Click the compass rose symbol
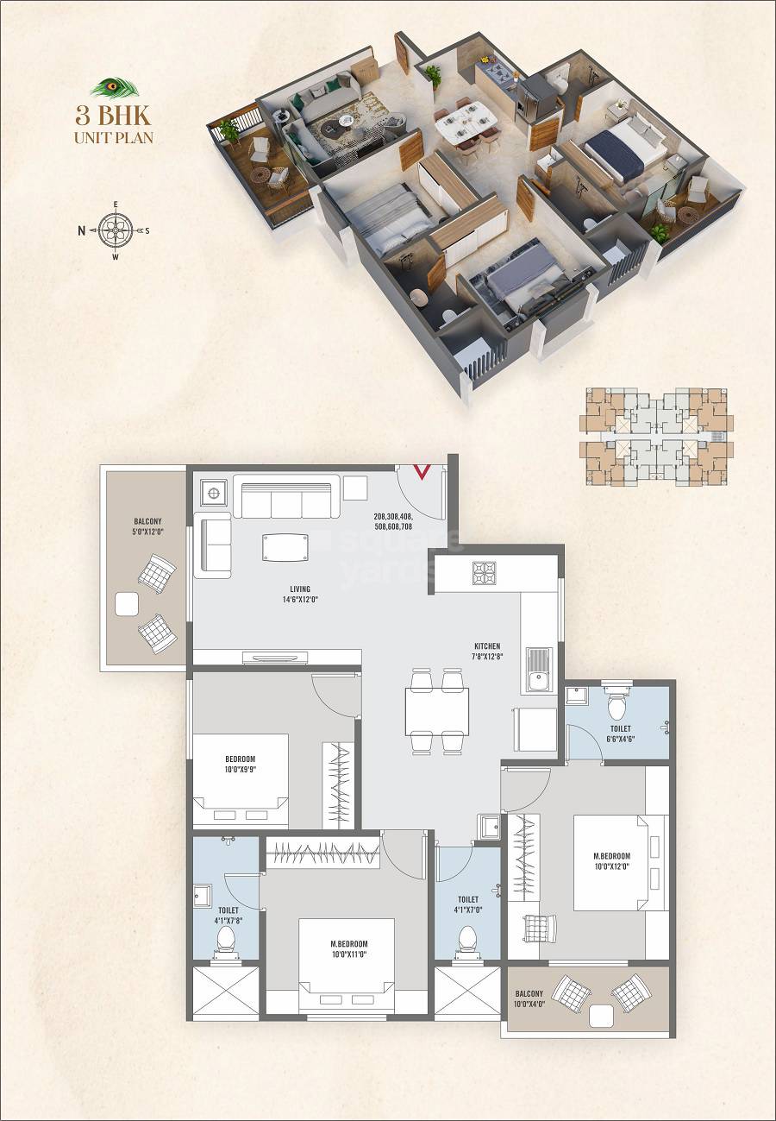pyautogui.click(x=115, y=230)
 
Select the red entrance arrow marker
pyautogui.click(x=422, y=472)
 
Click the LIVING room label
pyautogui.click(x=300, y=595)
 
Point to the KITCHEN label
pyautogui.click(x=487, y=652)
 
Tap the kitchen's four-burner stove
pyautogui.click(x=483, y=573)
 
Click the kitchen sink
pyautogui.click(x=539, y=670)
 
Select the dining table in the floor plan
pyautogui.click(x=437, y=710)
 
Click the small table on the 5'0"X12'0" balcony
pyautogui.click(x=128, y=604)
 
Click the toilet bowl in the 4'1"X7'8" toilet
pyautogui.click(x=227, y=938)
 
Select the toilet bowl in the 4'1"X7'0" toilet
pyautogui.click(x=467, y=938)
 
